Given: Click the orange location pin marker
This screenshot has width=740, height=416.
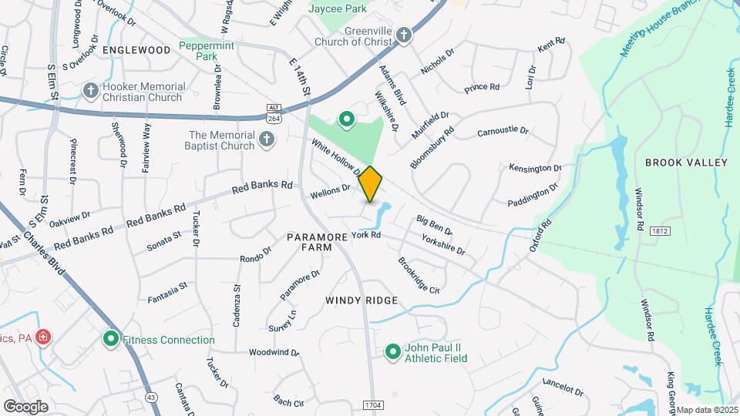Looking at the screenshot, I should point(371,183).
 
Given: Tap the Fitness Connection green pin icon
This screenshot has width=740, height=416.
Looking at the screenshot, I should point(110,339).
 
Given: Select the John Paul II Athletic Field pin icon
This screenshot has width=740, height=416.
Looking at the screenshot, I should point(392,352).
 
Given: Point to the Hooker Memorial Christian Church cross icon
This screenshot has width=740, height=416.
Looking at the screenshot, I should point(91,90).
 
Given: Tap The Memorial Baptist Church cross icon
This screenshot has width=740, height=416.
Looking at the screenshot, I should point(266,139).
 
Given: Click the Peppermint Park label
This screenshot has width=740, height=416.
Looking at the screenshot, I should point(206,51).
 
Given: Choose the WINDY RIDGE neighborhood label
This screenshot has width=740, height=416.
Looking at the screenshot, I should point(362,300).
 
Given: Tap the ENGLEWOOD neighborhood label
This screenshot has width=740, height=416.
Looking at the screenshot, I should point(136,50).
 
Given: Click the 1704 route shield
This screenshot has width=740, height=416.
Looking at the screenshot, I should point(372,403).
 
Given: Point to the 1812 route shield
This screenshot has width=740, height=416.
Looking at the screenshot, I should point(659,231).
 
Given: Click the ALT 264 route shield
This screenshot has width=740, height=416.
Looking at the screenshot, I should point(273,112).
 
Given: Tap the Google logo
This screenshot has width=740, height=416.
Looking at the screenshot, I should point(25,406).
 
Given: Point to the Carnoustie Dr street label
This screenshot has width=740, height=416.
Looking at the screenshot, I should point(503,132).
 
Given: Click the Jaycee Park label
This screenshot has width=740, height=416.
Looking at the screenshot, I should point(337,9).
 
